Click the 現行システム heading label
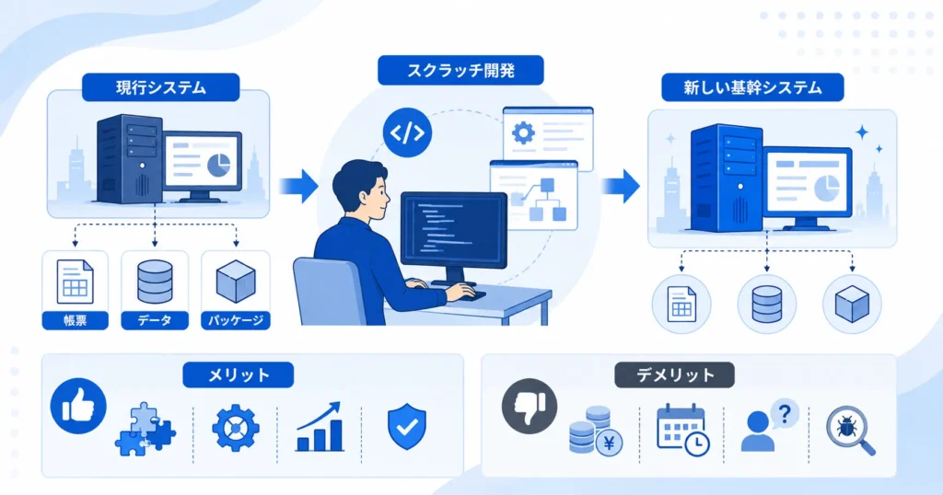point(160,87)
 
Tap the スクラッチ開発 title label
point(460,71)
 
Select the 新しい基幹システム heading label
point(752,87)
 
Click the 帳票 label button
point(76,320)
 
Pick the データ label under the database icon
point(155,320)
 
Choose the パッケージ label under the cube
point(236,320)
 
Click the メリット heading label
point(239,374)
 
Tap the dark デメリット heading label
point(674,374)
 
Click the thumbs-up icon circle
point(78,406)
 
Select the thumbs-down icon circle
point(530,406)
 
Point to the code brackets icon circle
point(407,132)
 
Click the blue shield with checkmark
point(407,426)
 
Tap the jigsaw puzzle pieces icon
point(146,429)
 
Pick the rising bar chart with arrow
point(320,427)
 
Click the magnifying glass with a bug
point(850,430)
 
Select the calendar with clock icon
point(682,430)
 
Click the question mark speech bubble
point(785,414)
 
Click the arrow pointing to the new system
point(620,186)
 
